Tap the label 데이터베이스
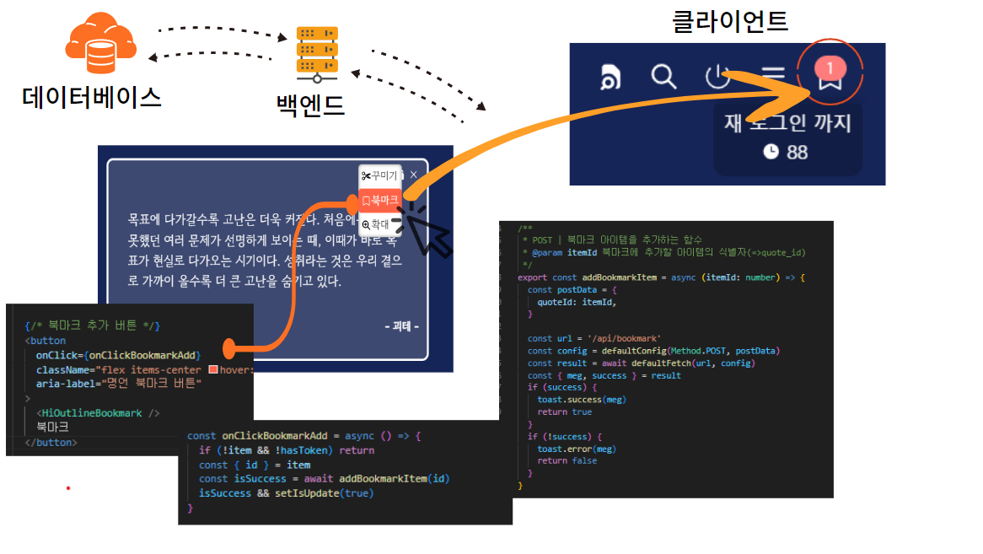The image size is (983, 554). coord(91,98)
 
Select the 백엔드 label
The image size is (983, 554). coord(310,105)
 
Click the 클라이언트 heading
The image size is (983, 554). coord(729,20)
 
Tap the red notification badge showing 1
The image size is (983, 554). coord(830,66)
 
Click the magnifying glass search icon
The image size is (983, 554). coord(664,77)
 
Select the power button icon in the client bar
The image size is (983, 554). coord(717,78)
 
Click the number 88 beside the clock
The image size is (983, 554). coord(797,152)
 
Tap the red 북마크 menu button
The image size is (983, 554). coord(379,201)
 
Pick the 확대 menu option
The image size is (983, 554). coord(376,224)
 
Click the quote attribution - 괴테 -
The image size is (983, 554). coord(401,325)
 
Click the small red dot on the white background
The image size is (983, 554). coord(68,487)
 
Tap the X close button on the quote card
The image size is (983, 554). coord(413,175)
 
